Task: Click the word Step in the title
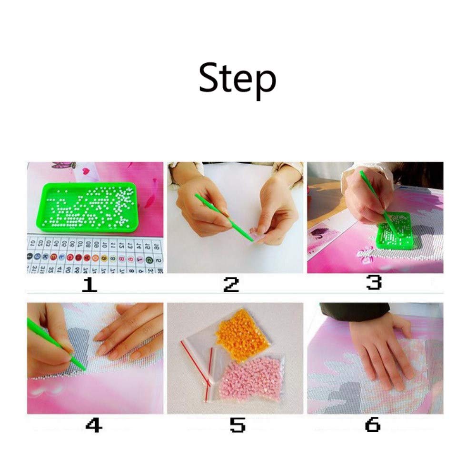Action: (x=237, y=79)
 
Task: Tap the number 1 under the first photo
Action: (x=89, y=284)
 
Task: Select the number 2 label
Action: (x=231, y=284)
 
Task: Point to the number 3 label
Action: (x=374, y=283)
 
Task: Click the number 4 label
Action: (x=93, y=425)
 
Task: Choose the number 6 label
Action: (x=373, y=425)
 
